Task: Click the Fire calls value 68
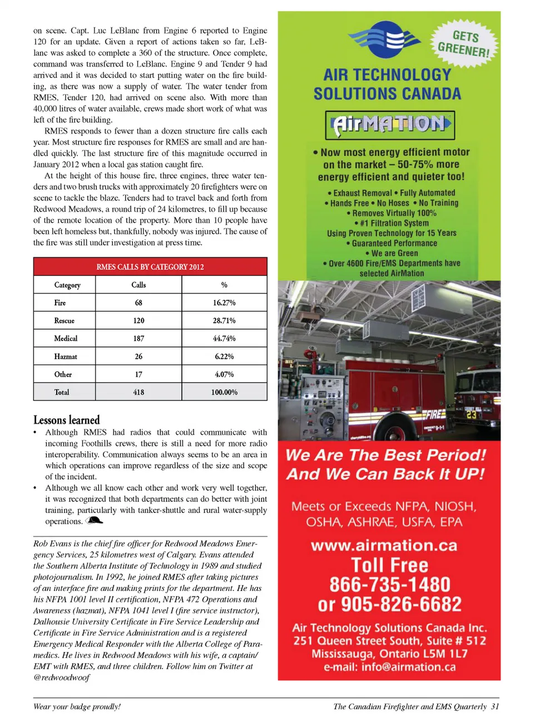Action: [x=139, y=302]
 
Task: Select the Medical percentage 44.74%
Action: [x=224, y=338]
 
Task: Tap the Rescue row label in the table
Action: [x=65, y=320]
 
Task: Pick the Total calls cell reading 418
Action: [x=139, y=392]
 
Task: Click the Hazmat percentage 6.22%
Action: [x=224, y=356]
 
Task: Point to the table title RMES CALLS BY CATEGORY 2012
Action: [x=150, y=267]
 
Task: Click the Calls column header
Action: [x=139, y=285]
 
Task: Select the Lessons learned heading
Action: [x=67, y=420]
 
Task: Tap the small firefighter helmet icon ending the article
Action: [x=95, y=521]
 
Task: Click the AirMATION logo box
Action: [x=390, y=124]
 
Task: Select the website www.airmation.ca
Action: [x=384, y=545]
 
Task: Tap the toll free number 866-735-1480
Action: [x=390, y=584]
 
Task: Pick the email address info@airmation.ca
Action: [x=408, y=667]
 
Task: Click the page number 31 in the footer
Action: [x=495, y=706]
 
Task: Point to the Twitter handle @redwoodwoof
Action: [x=61, y=677]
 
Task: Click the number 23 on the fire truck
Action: [x=472, y=415]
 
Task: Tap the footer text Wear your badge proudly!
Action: [x=77, y=706]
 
